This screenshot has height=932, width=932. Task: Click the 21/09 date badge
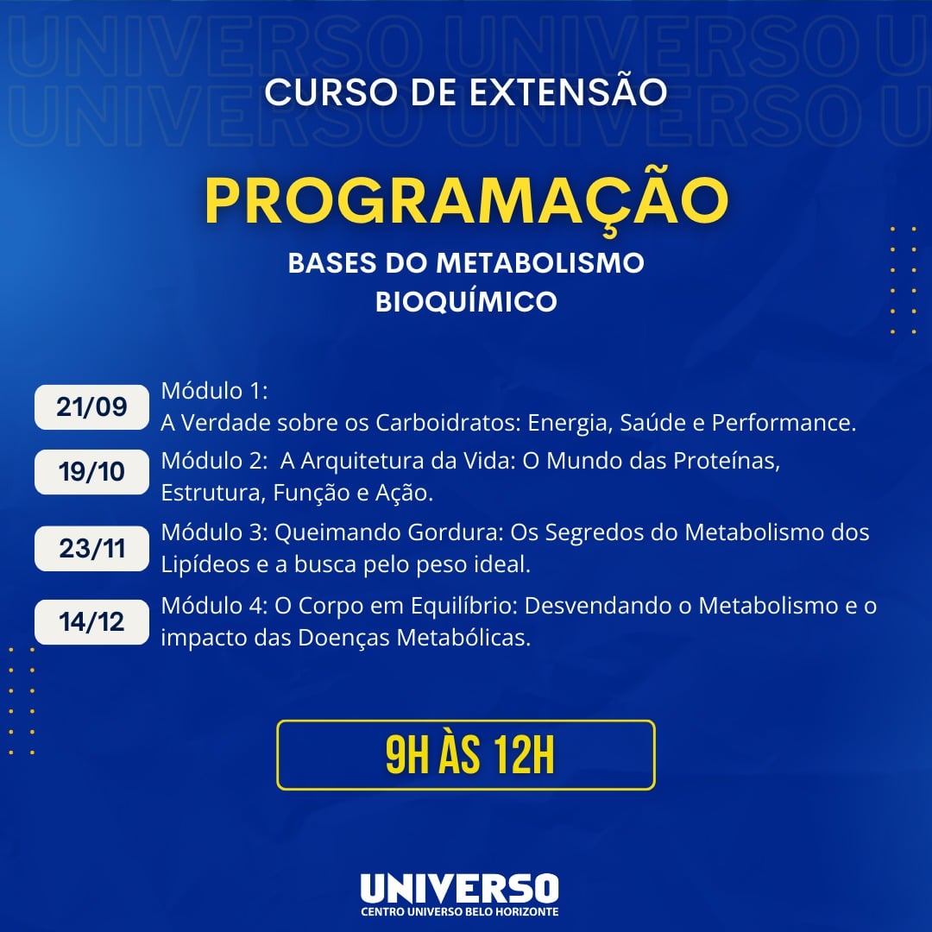tap(91, 407)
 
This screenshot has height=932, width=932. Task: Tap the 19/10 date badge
tap(91, 472)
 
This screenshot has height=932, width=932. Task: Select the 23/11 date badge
tap(91, 549)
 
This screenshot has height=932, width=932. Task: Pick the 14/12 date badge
tap(91, 622)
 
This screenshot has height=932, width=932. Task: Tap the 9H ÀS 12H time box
tap(466, 755)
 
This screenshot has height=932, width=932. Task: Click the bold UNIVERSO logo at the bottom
tap(459, 888)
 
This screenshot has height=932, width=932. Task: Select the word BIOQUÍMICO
tap(467, 301)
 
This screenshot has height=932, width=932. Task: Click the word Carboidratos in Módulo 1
tap(448, 423)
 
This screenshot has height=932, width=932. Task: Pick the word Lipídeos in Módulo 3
tap(205, 564)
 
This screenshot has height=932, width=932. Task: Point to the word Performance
tap(784, 423)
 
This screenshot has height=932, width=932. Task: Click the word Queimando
tap(337, 532)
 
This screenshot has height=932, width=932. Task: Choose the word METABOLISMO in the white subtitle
tap(540, 262)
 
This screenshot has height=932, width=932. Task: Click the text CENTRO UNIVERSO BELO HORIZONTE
tap(459, 912)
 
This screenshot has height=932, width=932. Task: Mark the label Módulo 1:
tap(215, 391)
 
